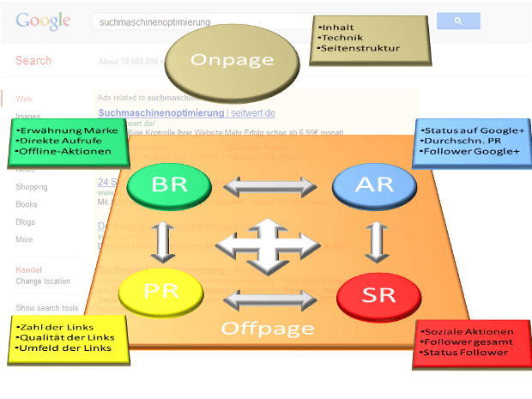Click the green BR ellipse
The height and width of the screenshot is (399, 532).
tap(169, 184)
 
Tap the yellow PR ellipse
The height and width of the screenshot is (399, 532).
tap(161, 293)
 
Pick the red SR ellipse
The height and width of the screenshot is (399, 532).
tap(378, 296)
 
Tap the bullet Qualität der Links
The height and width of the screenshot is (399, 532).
tap(69, 337)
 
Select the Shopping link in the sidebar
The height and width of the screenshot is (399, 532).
tap(32, 187)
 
